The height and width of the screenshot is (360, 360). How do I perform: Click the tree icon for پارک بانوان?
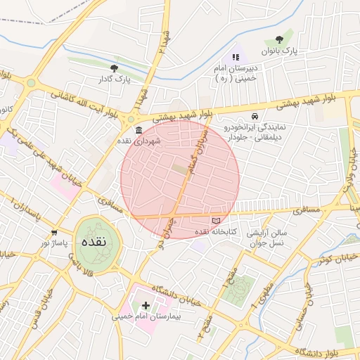281,39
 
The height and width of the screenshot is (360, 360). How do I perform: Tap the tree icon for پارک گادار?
114,68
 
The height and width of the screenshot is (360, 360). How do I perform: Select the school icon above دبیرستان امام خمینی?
235,57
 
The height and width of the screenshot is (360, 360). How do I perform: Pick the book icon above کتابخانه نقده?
226,221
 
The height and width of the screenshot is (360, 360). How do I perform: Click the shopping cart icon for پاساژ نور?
54,233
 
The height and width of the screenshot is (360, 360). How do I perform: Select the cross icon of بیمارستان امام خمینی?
146,305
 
